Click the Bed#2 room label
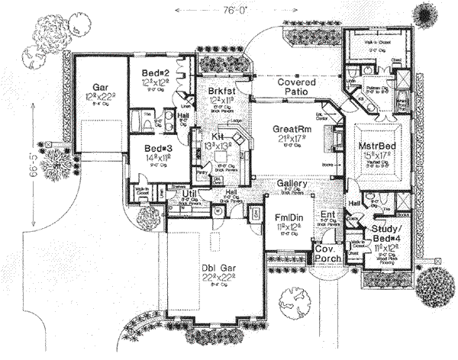(x=156, y=73)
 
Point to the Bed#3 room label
(x=153, y=147)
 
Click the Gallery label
(x=291, y=184)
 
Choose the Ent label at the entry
(x=327, y=215)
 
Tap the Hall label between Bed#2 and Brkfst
(x=183, y=117)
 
